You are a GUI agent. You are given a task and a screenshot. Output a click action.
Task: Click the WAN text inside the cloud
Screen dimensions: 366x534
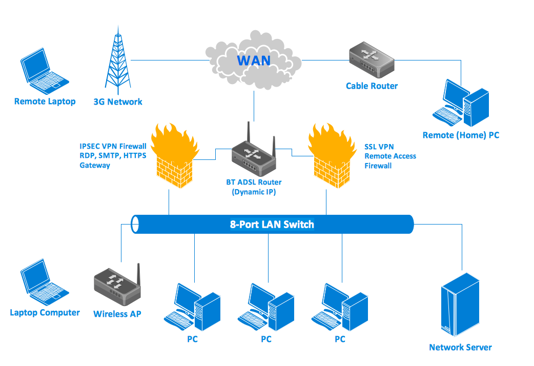253,60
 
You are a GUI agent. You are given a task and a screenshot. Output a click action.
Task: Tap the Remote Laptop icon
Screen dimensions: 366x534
44,71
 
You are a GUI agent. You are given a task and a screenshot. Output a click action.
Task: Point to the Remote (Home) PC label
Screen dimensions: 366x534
461,135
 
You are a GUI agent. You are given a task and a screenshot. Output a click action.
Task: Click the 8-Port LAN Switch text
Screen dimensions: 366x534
272,224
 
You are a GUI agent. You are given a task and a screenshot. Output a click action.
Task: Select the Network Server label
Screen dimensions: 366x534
460,348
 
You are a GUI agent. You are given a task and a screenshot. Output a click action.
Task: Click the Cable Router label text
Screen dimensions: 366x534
372,86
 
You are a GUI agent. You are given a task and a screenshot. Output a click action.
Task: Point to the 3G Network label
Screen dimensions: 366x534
118,101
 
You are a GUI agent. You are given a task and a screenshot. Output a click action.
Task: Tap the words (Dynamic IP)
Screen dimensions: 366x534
254,192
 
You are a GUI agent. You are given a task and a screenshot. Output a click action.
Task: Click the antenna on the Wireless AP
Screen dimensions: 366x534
138,277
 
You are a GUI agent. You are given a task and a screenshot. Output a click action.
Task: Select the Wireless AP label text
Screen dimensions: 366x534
117,314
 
